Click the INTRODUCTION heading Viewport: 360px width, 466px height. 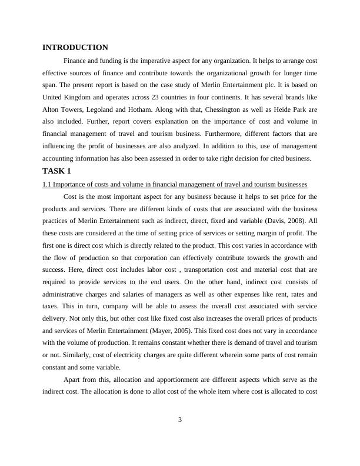tap(75, 47)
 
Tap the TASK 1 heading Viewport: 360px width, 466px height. tap(56, 171)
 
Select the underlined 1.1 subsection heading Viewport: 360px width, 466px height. tap(171, 184)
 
